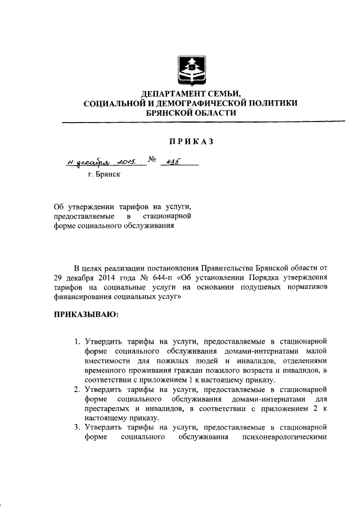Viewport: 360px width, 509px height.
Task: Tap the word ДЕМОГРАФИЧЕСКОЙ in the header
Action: click(x=197, y=103)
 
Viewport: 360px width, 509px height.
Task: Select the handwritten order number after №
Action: click(x=168, y=161)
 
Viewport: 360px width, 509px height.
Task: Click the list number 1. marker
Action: click(x=78, y=341)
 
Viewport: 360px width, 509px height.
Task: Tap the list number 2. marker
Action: click(x=78, y=389)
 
